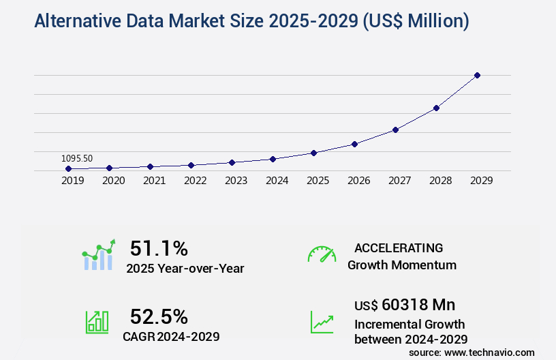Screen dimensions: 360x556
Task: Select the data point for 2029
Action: click(477, 75)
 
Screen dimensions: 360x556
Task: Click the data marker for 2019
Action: click(69, 168)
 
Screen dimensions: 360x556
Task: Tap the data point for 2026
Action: click(354, 144)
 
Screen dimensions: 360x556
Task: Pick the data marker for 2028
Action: click(436, 108)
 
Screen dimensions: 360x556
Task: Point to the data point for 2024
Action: click(273, 159)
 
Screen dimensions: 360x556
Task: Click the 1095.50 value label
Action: click(77, 158)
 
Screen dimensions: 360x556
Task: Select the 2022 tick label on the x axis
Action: click(196, 181)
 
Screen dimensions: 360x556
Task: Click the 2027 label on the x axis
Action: click(400, 181)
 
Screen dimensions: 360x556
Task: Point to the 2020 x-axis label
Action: click(114, 181)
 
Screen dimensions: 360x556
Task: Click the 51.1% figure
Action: click(159, 248)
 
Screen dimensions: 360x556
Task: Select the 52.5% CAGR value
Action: click(159, 316)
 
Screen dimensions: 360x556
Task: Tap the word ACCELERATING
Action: click(399, 247)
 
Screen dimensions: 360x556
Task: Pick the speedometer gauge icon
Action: click(322, 254)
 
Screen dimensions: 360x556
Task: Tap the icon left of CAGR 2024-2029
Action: click(97, 322)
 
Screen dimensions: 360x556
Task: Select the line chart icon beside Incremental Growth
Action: click(322, 322)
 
